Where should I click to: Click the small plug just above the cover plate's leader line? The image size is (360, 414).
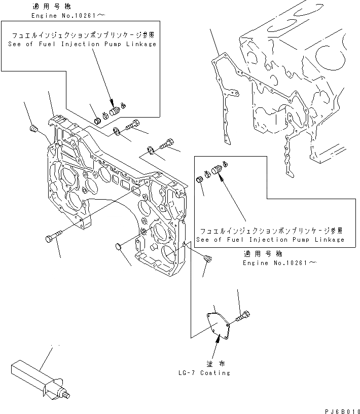click(207, 258)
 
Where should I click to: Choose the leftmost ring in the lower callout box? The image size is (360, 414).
click(200, 179)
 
